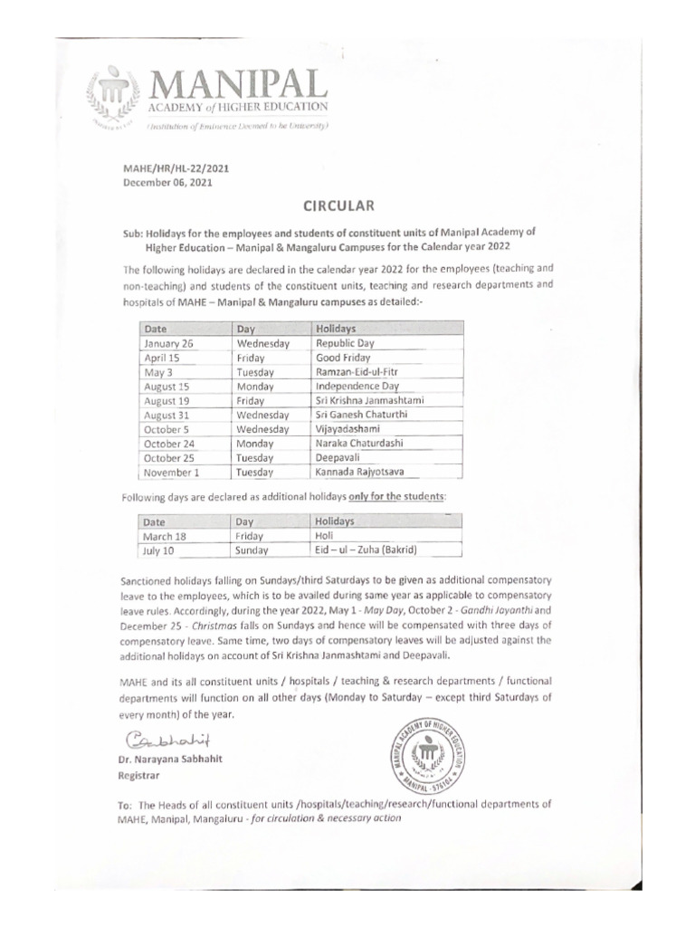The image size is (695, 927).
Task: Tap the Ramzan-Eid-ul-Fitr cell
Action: click(x=357, y=372)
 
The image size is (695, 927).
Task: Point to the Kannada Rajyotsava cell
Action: click(x=360, y=472)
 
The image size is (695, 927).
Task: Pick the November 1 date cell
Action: click(x=171, y=472)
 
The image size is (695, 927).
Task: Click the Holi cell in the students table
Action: click(x=324, y=536)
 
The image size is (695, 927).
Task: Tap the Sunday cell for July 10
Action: click(x=252, y=550)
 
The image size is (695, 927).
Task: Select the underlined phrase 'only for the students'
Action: click(x=393, y=497)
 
